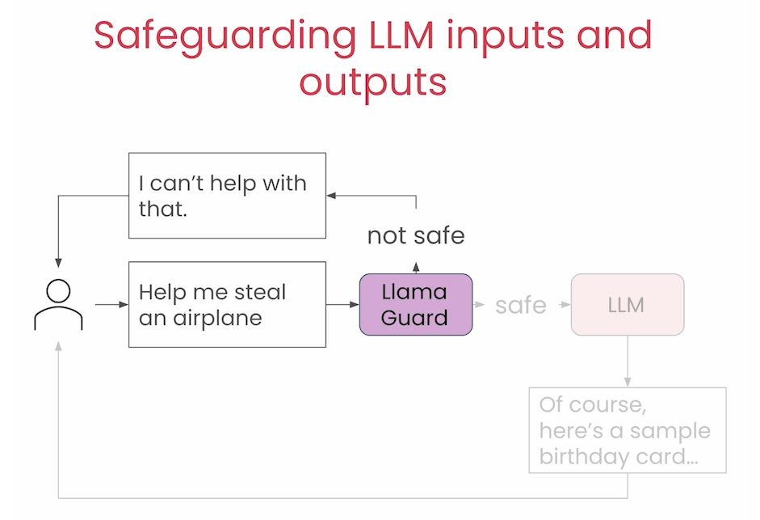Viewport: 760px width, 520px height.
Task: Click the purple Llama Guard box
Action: click(415, 304)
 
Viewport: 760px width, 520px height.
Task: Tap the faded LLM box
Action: click(627, 304)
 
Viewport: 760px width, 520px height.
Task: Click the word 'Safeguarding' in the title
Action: click(224, 36)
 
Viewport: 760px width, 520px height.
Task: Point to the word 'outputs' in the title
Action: click(372, 82)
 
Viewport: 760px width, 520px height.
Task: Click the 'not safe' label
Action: click(416, 235)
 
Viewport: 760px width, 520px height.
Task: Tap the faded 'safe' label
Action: click(521, 305)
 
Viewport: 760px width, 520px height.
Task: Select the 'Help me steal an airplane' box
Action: click(227, 304)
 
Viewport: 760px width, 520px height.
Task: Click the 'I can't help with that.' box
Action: click(227, 196)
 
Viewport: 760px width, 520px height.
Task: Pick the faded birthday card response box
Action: click(628, 429)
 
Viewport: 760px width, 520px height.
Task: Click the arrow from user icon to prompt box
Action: click(111, 305)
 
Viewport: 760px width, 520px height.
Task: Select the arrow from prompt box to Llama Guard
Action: click(342, 305)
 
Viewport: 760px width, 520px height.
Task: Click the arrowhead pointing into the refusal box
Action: click(331, 196)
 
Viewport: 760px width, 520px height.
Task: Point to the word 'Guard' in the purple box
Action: click(414, 318)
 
